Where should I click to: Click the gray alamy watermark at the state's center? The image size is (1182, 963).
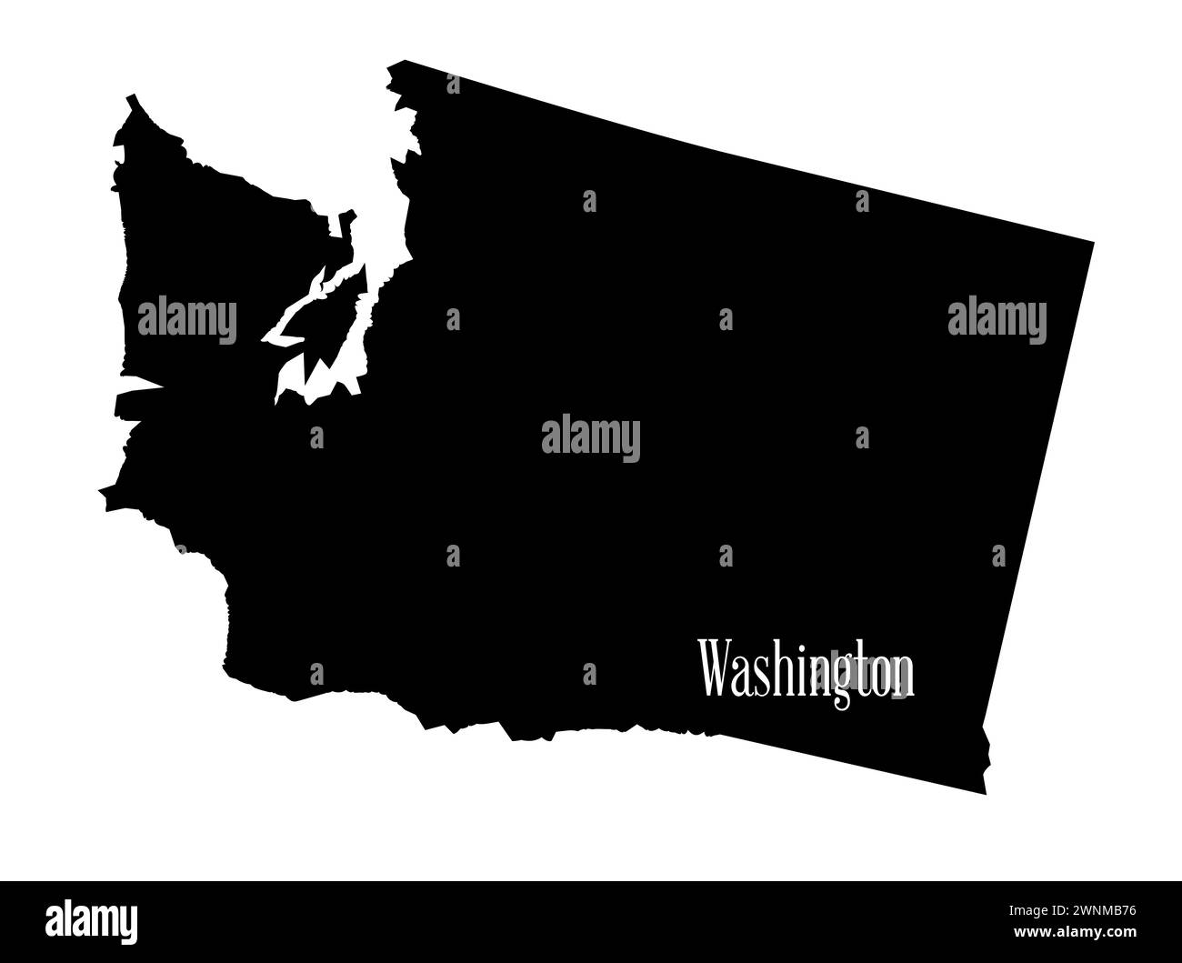point(590,439)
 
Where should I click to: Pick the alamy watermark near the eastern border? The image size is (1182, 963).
point(997,321)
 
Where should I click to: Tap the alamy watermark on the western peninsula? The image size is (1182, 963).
point(186,321)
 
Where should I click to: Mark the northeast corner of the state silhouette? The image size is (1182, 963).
point(1091,243)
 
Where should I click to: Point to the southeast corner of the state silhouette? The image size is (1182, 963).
point(985,791)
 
